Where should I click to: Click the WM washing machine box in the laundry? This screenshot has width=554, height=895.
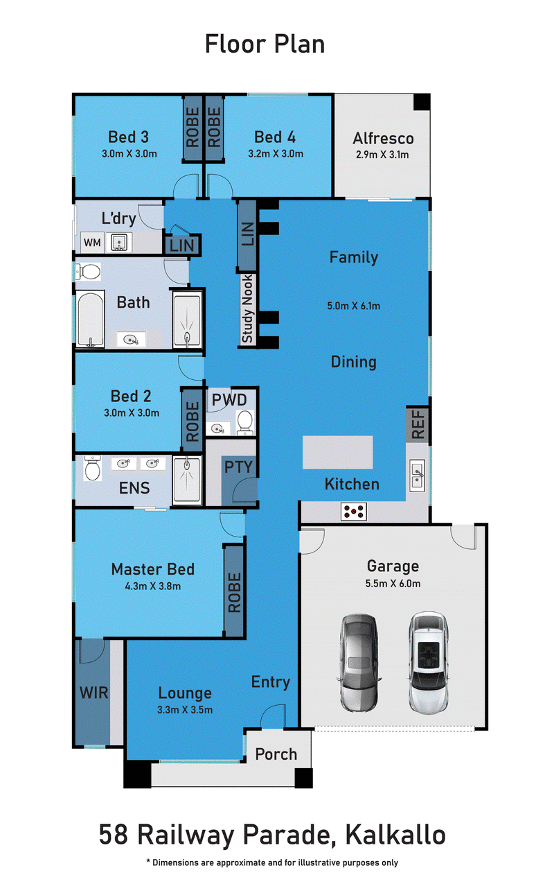92,242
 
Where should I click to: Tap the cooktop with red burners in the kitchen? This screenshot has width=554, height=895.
354,512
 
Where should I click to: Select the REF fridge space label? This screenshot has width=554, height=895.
418,424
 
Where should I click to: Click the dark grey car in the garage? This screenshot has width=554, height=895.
359,663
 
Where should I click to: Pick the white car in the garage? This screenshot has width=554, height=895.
428,663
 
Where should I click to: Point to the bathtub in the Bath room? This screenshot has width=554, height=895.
91,318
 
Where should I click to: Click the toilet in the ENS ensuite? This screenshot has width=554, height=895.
93,468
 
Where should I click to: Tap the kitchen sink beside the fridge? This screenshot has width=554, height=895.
418,476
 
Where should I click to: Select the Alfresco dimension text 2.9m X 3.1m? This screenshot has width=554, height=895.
382,155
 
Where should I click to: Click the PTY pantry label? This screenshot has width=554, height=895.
238,467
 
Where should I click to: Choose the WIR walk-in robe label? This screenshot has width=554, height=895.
93,693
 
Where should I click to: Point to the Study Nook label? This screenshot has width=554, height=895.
247,309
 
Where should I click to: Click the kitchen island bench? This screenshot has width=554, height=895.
338,452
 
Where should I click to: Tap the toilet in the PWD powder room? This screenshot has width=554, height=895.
244,423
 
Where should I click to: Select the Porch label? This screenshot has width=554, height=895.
276,754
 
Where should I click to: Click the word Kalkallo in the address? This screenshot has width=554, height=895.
395,835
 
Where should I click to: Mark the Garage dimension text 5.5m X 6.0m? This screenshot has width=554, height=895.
393,583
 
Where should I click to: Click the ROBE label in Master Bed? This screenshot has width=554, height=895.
234,593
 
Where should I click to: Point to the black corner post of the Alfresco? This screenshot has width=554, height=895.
422,102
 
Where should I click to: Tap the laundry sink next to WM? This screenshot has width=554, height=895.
118,242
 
